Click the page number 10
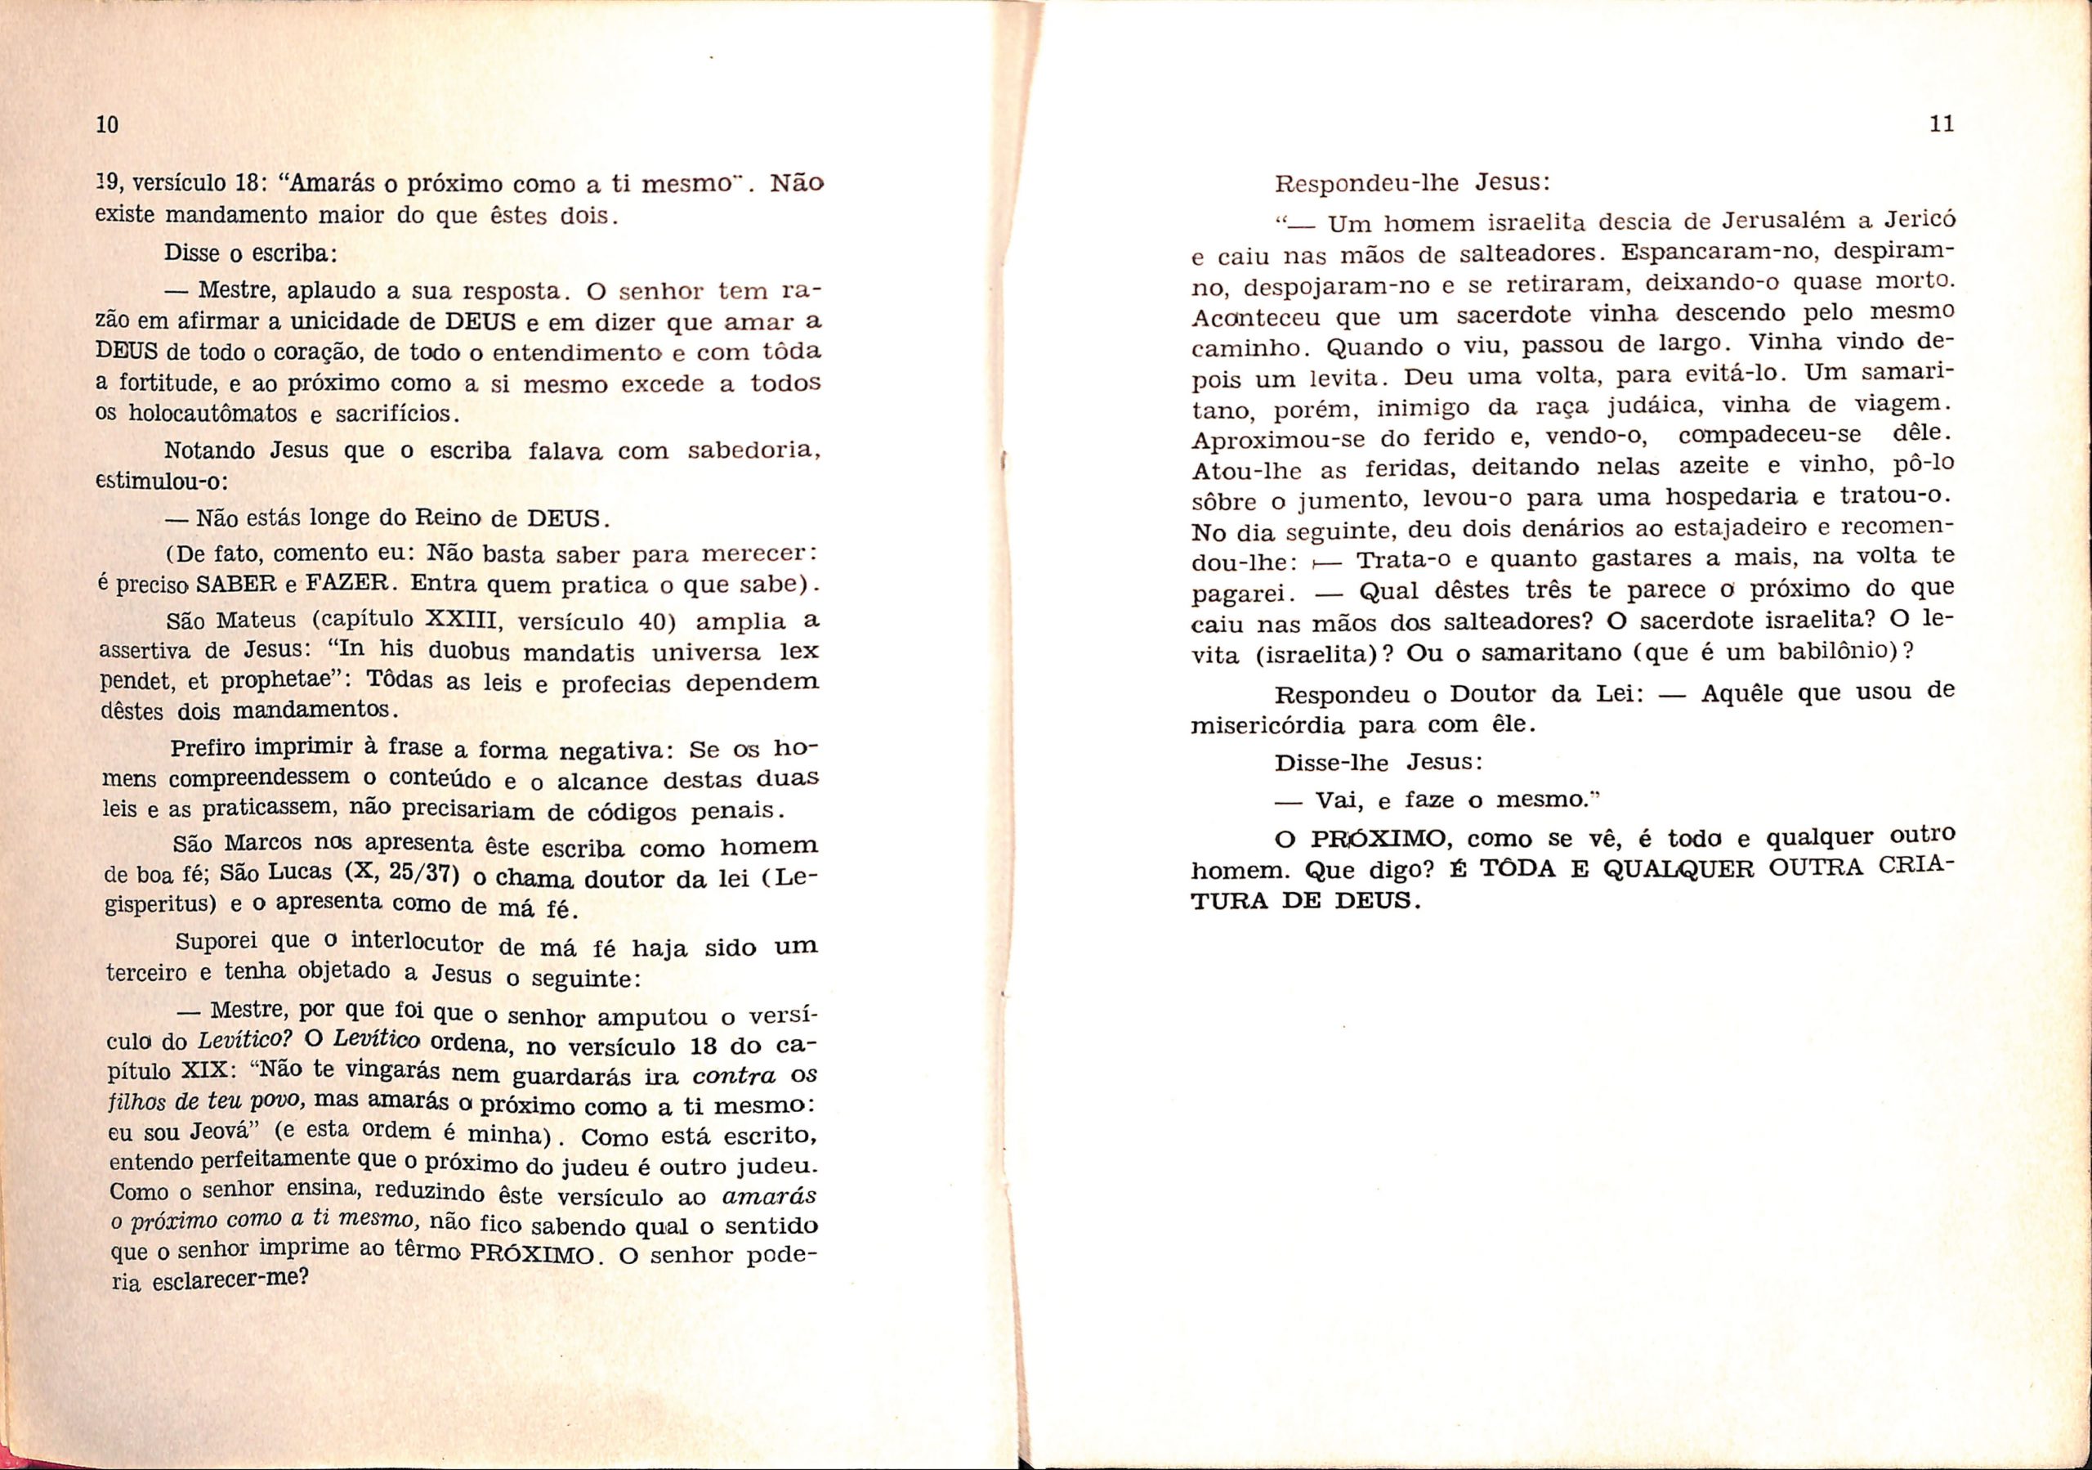108,126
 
